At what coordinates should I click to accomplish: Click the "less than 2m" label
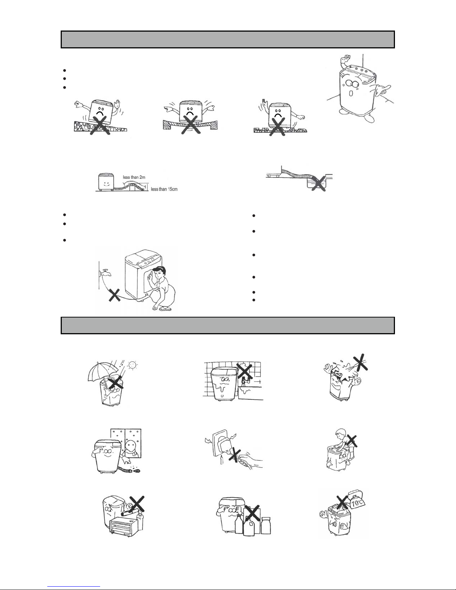pos(134,177)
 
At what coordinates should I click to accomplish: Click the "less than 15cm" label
pos(164,189)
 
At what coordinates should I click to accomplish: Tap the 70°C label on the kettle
pos(357,503)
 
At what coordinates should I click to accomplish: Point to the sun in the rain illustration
pos(132,365)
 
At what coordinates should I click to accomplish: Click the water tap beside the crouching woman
pos(105,272)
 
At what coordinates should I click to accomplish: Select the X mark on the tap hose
pos(115,295)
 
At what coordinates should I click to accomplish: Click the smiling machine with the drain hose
pos(104,182)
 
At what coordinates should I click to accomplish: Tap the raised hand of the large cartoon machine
pos(346,59)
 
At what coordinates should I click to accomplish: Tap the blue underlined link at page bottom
pos(74,586)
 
